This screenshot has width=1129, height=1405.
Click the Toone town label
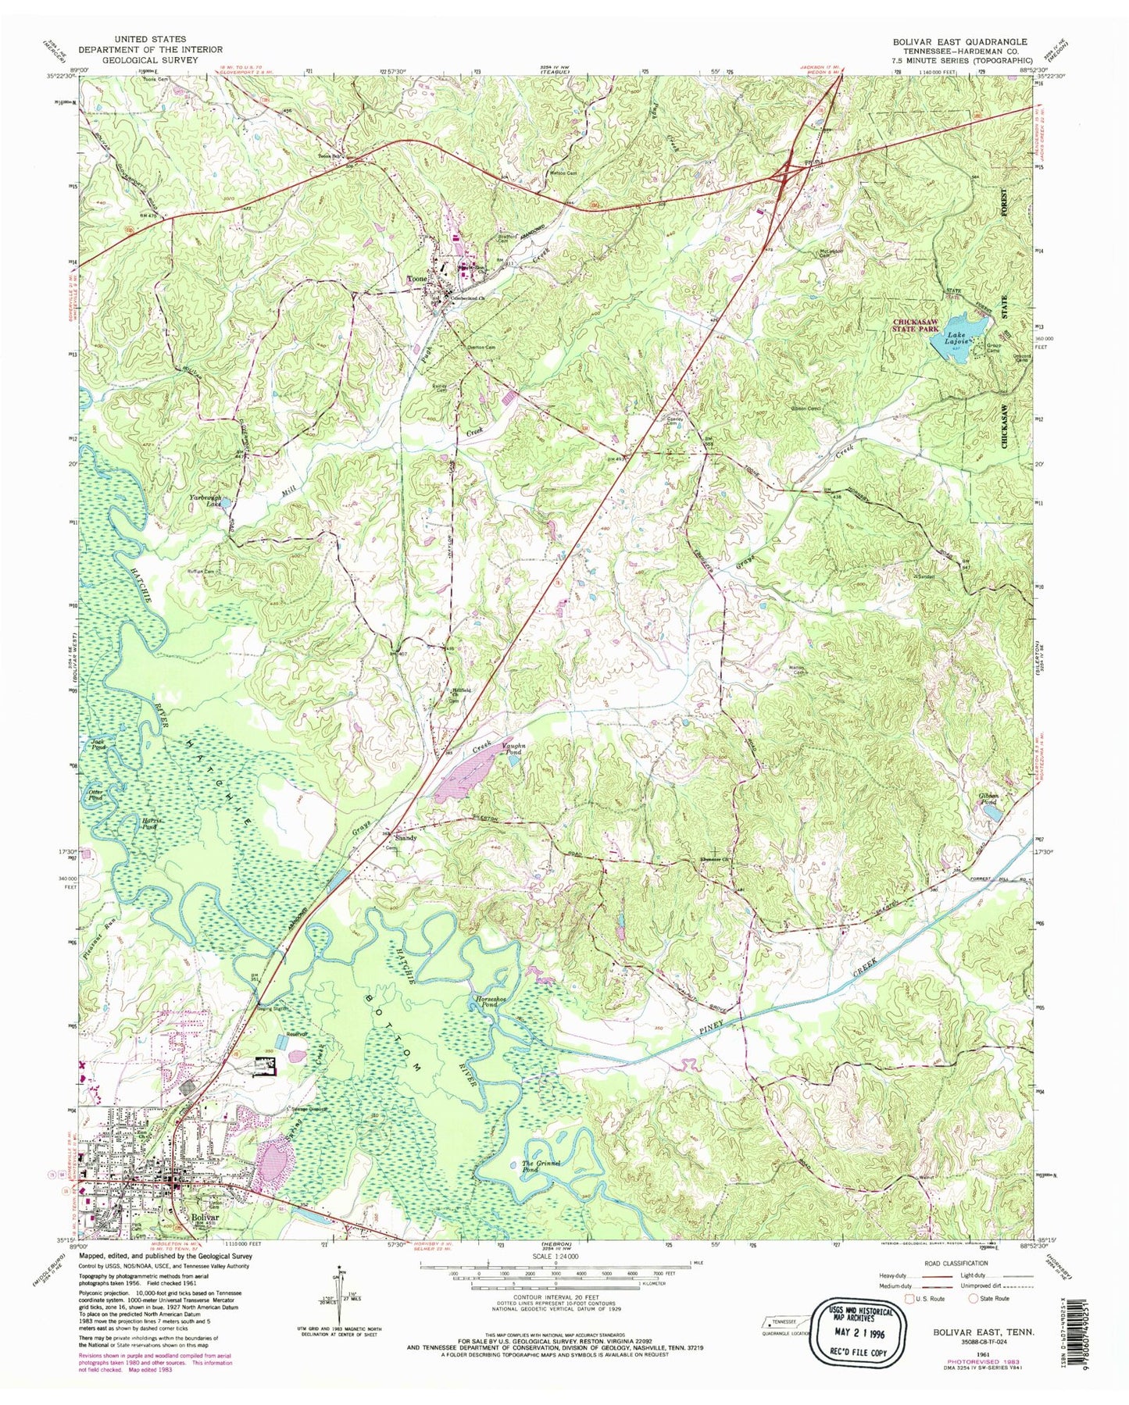[414, 278]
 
